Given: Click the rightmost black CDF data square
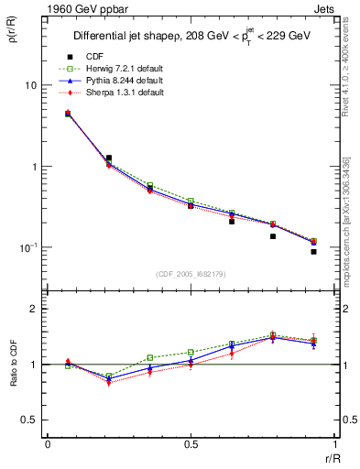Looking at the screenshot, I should pyautogui.click(x=313, y=251).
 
